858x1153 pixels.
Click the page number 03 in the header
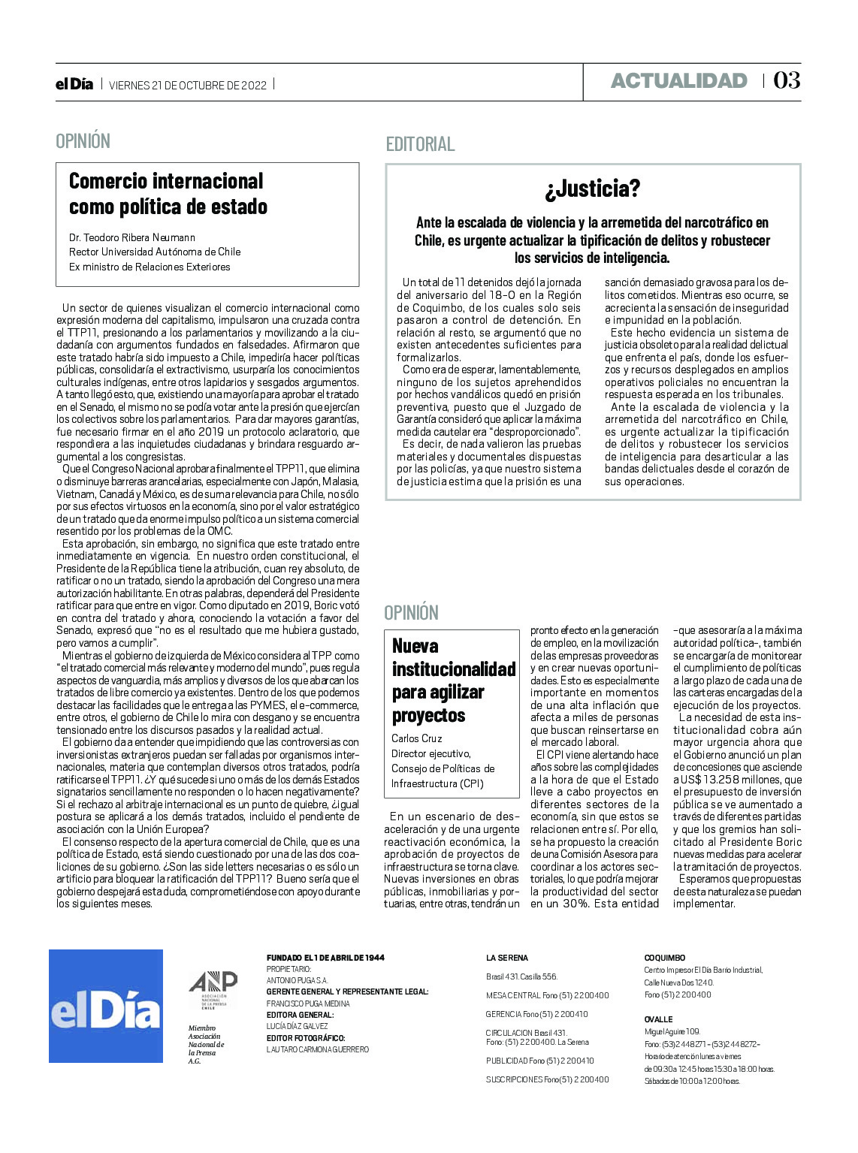pos(787,80)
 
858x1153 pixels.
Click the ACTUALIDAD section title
pos(678,81)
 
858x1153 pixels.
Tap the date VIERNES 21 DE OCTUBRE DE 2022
pos(188,85)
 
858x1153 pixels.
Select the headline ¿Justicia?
pos(593,189)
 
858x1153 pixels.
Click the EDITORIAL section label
pos(420,144)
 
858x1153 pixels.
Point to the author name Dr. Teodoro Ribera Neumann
pos(132,237)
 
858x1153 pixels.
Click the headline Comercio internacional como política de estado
pos(168,194)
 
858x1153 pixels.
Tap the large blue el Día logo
pos(106,1006)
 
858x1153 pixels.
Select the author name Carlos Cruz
pos(417,738)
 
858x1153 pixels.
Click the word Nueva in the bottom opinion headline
pos(415,646)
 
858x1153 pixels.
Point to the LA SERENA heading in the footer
pos(507,958)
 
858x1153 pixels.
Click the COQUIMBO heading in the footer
pos(665,958)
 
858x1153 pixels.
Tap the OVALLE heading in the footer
pos(658,1019)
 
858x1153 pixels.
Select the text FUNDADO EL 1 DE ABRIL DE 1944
pos(325,958)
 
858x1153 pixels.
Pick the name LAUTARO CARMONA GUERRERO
pos(318,1049)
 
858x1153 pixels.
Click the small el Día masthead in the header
pos(74,84)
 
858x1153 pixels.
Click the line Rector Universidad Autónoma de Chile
pos(155,252)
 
